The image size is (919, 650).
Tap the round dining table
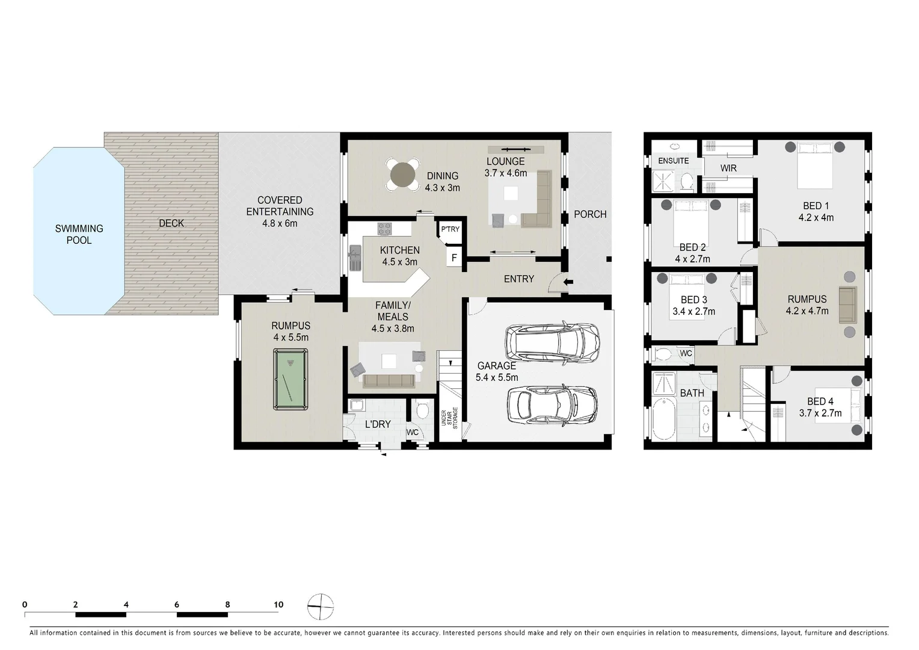pyautogui.click(x=404, y=175)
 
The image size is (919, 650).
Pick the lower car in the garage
pyautogui.click(x=552, y=404)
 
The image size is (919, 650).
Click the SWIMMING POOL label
pyautogui.click(x=79, y=234)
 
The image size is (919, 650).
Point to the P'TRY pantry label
pyautogui.click(x=450, y=229)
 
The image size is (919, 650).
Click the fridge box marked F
pyautogui.click(x=454, y=258)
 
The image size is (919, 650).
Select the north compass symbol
pyautogui.click(x=321, y=606)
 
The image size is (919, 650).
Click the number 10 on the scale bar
pyautogui.click(x=278, y=604)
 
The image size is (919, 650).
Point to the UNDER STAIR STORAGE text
pyautogui.click(x=449, y=418)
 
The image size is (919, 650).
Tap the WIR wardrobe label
pyautogui.click(x=728, y=169)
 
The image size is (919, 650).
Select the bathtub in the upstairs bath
pyautogui.click(x=663, y=419)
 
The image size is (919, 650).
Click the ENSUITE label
pyautogui.click(x=673, y=161)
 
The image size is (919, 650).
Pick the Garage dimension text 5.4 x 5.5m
pyautogui.click(x=496, y=377)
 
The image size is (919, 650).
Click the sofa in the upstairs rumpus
pyautogui.click(x=847, y=304)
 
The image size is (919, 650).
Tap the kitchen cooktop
pyautogui.click(x=384, y=229)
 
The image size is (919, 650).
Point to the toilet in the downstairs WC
pyautogui.click(x=422, y=411)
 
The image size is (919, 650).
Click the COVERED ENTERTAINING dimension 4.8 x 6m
pyautogui.click(x=280, y=223)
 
